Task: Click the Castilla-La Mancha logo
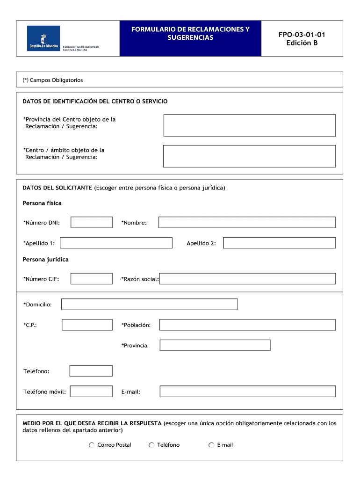tap(43, 38)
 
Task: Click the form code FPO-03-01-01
tap(302, 35)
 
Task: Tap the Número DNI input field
tap(92, 223)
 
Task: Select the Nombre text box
tap(247, 223)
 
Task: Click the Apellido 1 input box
tap(116, 243)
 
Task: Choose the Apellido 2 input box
tap(279, 243)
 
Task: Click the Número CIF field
tap(92, 279)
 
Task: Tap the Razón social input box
tap(247, 279)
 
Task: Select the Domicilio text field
tap(150, 305)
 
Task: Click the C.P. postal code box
tap(87, 325)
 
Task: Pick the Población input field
tap(247, 325)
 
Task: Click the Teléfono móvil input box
tap(92, 392)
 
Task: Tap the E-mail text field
tap(247, 392)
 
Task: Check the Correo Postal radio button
tap(92, 445)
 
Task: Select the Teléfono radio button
tap(151, 445)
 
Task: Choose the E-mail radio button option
tap(211, 445)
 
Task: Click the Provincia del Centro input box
tap(249, 125)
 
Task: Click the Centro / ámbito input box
tap(249, 156)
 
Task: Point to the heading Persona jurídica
tap(45, 259)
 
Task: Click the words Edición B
tap(302, 44)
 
